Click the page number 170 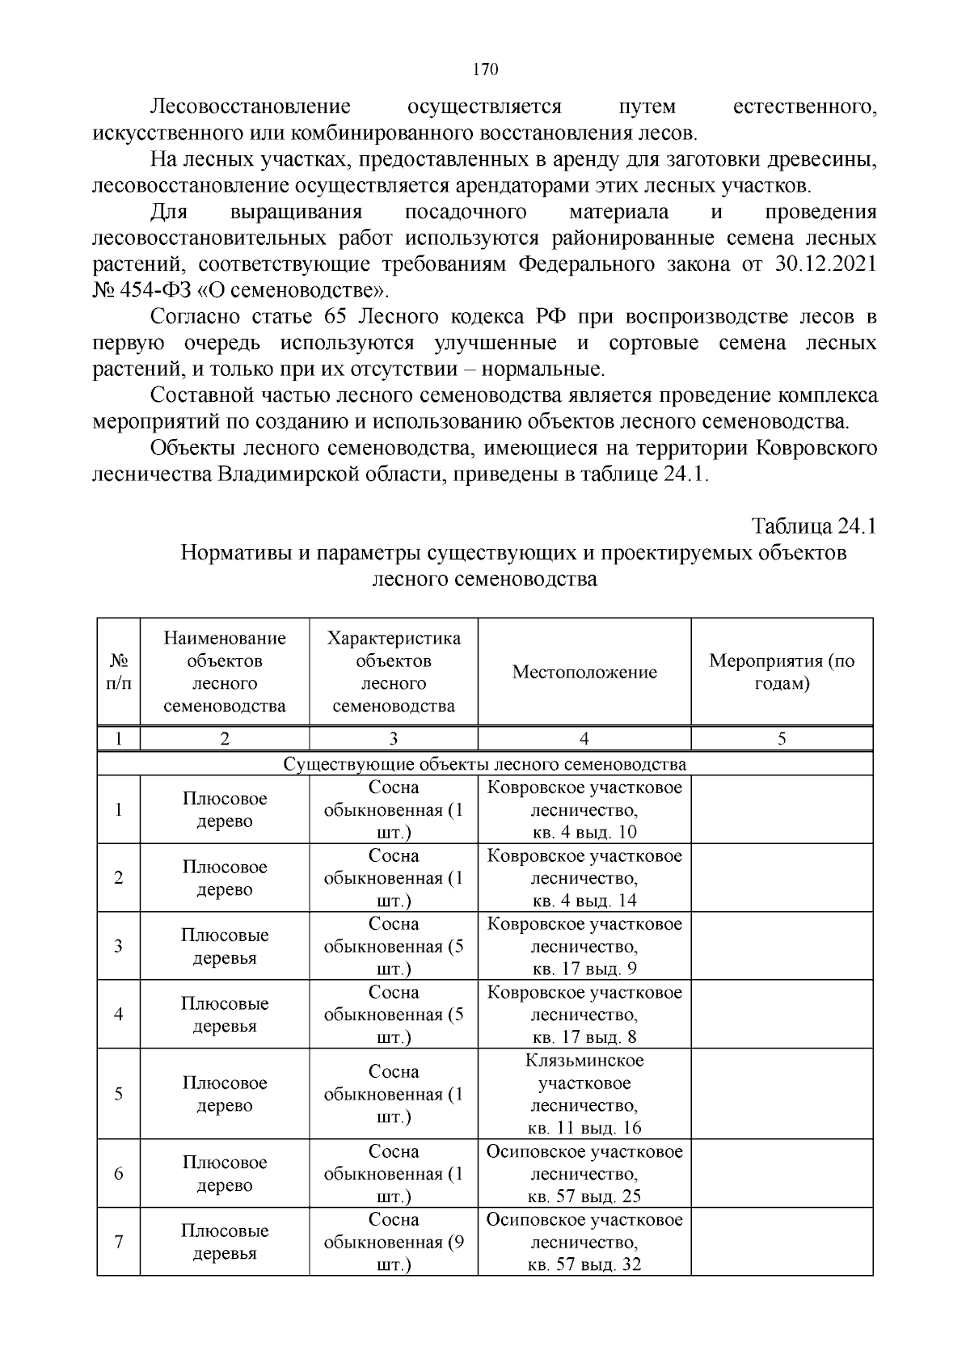tap(485, 70)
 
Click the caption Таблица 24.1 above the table tap(814, 526)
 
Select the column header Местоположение tap(584, 672)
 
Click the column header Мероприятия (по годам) tap(782, 672)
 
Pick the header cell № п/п tap(119, 672)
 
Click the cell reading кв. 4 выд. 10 tap(584, 833)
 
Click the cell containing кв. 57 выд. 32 tap(584, 1264)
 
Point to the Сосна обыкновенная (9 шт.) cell tap(394, 1242)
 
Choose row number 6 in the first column tap(119, 1173)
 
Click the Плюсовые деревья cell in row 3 tap(225, 946)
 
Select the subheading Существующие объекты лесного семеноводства tap(485, 764)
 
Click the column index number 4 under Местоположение tap(584, 738)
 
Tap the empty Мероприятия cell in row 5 tap(782, 1094)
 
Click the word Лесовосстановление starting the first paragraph tap(251, 107)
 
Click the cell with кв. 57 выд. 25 tap(584, 1196)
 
